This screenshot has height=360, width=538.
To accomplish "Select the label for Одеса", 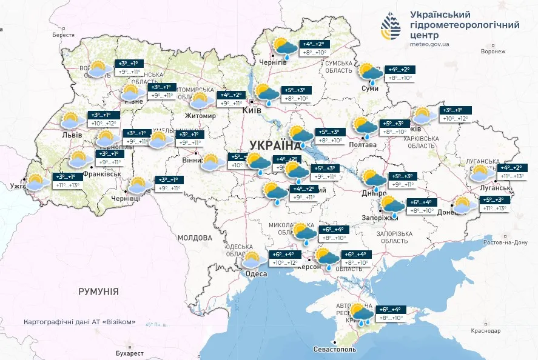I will [255, 274].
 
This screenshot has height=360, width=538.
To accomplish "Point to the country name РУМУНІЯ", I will [98, 292].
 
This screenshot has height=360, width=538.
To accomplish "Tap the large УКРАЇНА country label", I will [275, 145].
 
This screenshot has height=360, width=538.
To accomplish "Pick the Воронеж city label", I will [493, 52].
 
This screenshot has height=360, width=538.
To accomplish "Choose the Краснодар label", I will [485, 331].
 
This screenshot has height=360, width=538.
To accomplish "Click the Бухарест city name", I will [130, 353].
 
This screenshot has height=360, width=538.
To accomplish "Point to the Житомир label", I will [200, 116].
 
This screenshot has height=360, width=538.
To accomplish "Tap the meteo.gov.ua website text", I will [429, 44].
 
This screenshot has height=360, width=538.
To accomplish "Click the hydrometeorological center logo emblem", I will [391, 25].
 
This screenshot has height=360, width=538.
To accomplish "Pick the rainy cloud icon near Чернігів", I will [284, 47].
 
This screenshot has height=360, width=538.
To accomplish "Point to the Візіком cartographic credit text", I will [79, 322].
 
